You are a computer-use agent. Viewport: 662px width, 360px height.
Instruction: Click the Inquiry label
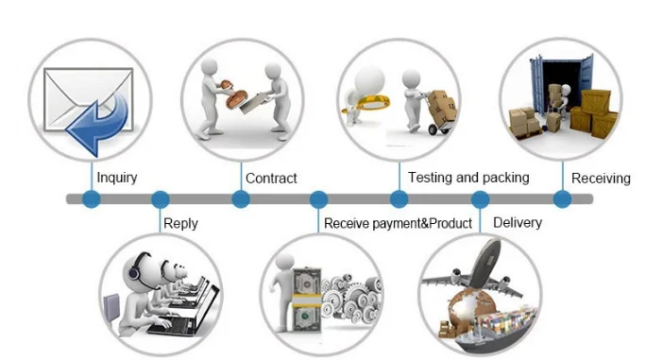pyautogui.click(x=117, y=178)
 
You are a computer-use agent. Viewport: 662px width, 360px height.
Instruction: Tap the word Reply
pyautogui.click(x=180, y=224)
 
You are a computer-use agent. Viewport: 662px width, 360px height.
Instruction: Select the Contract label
pyautogui.click(x=271, y=179)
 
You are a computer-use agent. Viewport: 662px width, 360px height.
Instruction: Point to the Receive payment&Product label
pyautogui.click(x=398, y=223)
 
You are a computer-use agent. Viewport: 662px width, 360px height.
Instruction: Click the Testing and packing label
pyautogui.click(x=468, y=178)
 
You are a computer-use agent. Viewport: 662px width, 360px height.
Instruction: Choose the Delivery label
pyautogui.click(x=518, y=223)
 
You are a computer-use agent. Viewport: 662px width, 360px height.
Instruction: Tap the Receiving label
pyautogui.click(x=601, y=179)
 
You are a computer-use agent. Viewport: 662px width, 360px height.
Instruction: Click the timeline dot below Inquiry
pyautogui.click(x=92, y=199)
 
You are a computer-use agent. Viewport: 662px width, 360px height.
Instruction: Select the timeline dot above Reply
pyautogui.click(x=161, y=199)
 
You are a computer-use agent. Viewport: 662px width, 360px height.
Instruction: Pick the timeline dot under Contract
pyautogui.click(x=241, y=199)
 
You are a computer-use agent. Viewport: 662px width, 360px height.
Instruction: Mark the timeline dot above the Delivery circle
pyautogui.click(x=480, y=199)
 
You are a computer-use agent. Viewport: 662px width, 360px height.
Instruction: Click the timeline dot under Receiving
pyautogui.click(x=562, y=199)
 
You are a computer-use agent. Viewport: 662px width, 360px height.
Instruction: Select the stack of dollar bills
pyautogui.click(x=307, y=300)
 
